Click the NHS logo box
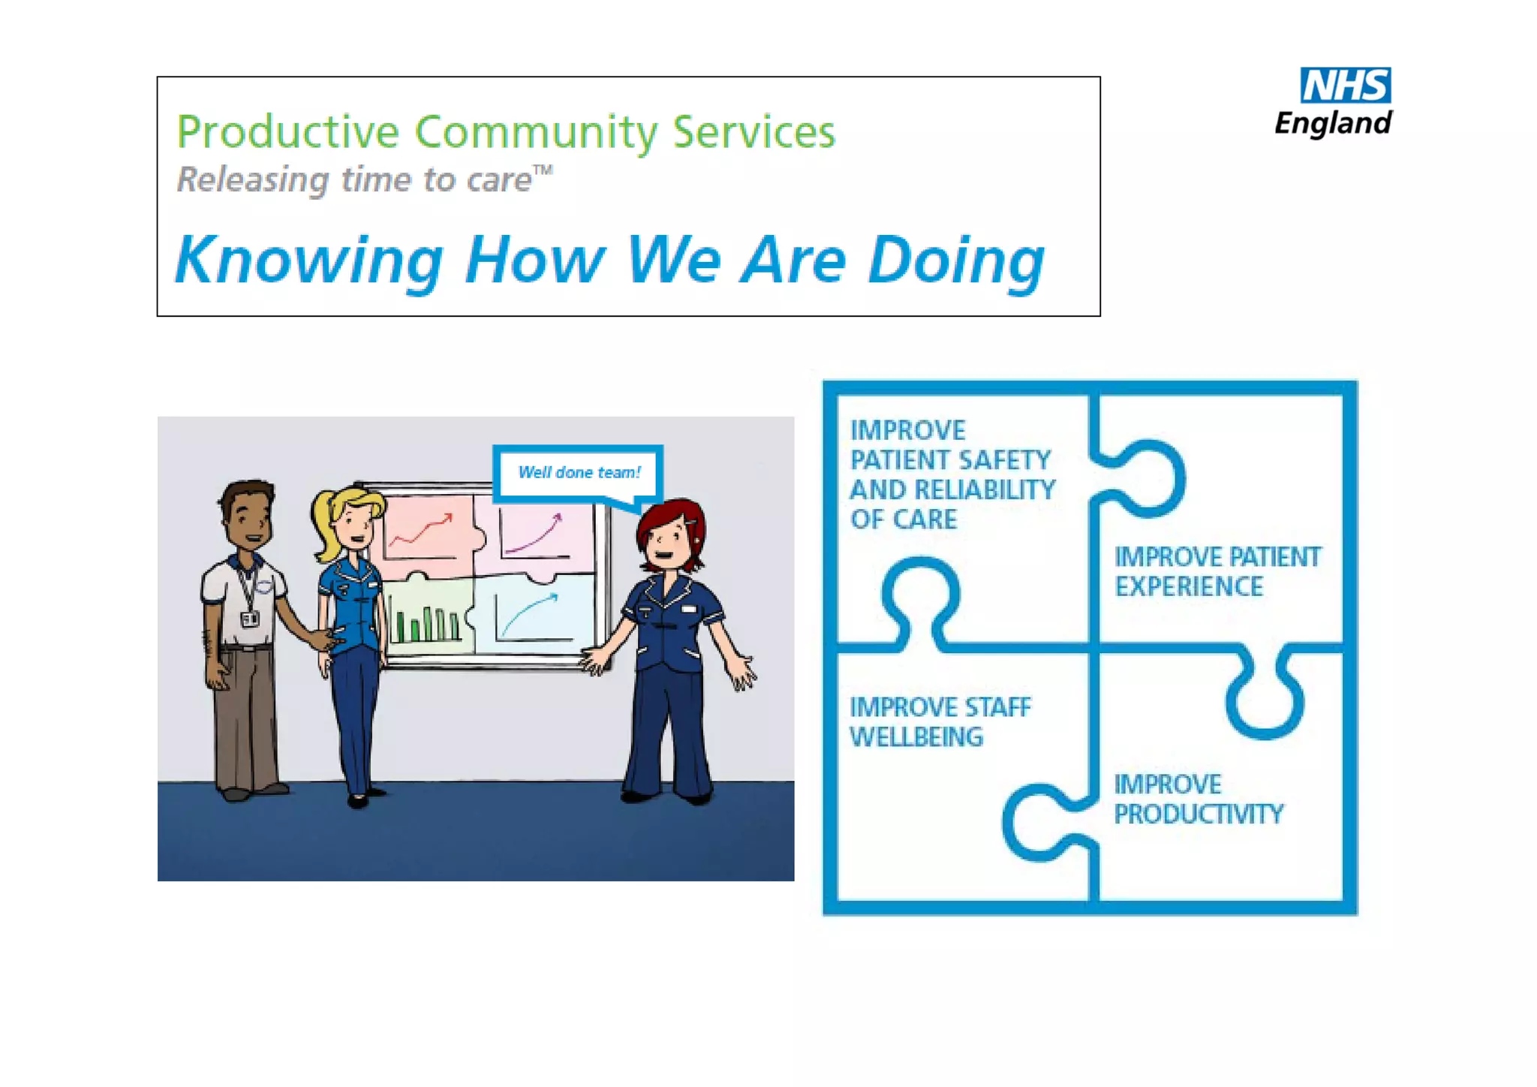1345,85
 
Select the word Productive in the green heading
287,133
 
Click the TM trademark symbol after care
543,171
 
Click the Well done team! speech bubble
579,473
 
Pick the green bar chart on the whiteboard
426,623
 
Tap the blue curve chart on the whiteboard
531,614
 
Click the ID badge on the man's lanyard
250,619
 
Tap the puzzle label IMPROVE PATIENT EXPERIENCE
1216,571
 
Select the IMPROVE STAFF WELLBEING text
939,721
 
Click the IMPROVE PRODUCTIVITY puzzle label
1198,799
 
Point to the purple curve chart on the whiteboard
534,533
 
